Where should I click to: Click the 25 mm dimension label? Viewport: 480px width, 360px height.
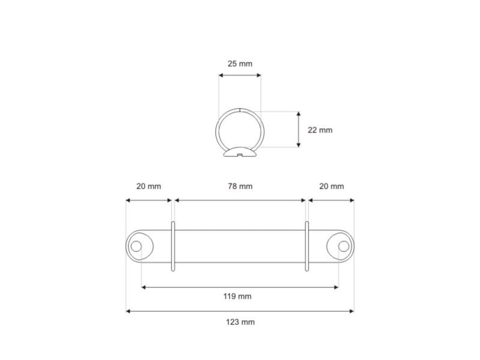(240, 64)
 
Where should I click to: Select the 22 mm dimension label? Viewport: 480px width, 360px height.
(320, 130)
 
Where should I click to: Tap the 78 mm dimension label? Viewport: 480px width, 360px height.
(240, 186)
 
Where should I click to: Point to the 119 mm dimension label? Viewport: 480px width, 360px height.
(237, 296)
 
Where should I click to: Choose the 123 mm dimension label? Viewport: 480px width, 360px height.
(241, 322)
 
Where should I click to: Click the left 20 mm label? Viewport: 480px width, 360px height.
(148, 186)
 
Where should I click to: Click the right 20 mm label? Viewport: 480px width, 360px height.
(332, 186)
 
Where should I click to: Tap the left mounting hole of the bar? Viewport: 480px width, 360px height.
(136, 246)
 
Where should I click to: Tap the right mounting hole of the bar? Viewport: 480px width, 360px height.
(343, 246)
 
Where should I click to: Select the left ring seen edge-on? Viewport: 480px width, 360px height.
(173, 247)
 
